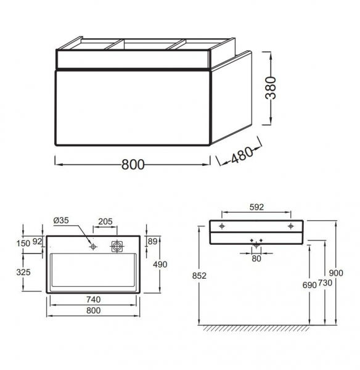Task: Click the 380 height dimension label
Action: click(271, 88)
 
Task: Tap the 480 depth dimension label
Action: click(242, 155)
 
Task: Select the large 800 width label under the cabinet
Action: click(133, 165)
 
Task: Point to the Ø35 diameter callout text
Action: click(61, 220)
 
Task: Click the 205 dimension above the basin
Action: click(105, 221)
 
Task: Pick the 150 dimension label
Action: click(23, 244)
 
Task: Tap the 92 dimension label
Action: click(37, 241)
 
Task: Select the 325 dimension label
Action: click(23, 272)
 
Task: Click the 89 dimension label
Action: click(153, 241)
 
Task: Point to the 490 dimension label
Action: click(160, 265)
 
